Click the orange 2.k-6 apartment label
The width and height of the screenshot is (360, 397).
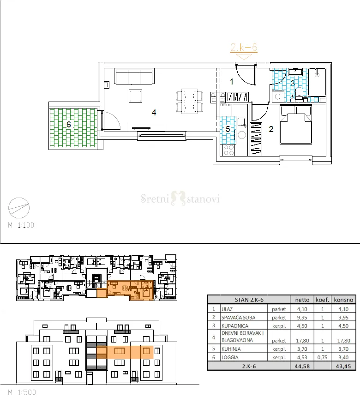click(244, 48)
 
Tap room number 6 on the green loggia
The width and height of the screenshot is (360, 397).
click(69, 124)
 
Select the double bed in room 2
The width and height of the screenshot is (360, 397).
click(296, 125)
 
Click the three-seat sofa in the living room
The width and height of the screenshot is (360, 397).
click(134, 76)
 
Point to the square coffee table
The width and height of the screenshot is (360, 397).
click(135, 96)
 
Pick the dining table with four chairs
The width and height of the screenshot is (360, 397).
click(189, 101)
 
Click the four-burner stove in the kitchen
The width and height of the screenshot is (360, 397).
click(228, 150)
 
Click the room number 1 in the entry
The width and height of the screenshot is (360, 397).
click(231, 82)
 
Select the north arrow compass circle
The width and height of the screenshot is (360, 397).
click(19, 208)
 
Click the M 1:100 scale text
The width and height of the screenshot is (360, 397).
click(21, 225)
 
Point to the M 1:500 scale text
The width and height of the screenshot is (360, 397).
click(22, 392)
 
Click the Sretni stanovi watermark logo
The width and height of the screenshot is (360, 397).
click(180, 198)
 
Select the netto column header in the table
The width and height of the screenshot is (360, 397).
click(302, 300)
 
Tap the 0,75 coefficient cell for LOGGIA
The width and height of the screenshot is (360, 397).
click(322, 357)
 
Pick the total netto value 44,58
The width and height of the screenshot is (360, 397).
click(302, 366)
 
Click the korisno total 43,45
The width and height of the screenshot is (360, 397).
click(343, 366)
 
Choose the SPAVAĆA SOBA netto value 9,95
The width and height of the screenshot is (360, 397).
click(302, 318)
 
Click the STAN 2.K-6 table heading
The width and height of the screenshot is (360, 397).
click(249, 300)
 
